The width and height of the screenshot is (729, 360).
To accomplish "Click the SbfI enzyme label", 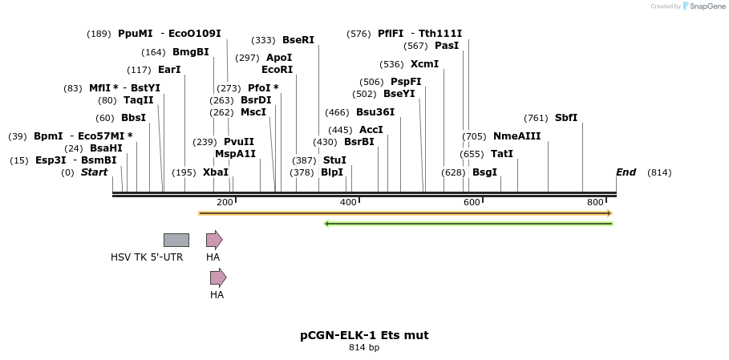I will click(x=565, y=118).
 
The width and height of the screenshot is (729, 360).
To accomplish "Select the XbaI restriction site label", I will click(x=215, y=172).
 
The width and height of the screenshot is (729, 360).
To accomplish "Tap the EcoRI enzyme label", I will click(x=277, y=70).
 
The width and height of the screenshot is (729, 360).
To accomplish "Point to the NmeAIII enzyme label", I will click(x=516, y=136).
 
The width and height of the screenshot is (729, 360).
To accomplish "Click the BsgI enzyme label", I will click(x=484, y=172).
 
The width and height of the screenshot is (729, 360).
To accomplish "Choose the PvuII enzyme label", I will click(x=238, y=142).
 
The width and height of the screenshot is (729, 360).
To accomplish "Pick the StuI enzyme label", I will click(x=334, y=160).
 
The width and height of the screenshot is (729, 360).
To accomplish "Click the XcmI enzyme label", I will click(x=424, y=64).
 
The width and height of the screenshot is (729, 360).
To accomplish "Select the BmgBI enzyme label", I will click(x=190, y=52).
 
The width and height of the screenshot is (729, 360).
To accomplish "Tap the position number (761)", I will click(x=536, y=118).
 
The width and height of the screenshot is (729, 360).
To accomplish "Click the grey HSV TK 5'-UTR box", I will click(x=176, y=240).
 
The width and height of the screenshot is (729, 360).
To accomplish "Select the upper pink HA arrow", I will click(x=214, y=240).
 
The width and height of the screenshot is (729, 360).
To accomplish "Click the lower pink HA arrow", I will click(x=218, y=277).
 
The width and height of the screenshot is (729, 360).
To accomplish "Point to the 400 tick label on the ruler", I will click(x=348, y=202).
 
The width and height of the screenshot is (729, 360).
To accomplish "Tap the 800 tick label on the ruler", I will click(x=595, y=202).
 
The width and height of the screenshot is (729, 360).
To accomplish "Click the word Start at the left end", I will click(x=94, y=172).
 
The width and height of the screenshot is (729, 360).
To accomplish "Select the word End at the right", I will click(x=626, y=172).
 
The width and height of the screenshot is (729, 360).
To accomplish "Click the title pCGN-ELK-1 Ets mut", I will click(x=364, y=335).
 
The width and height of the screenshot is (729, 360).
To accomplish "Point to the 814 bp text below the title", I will click(x=364, y=348).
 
